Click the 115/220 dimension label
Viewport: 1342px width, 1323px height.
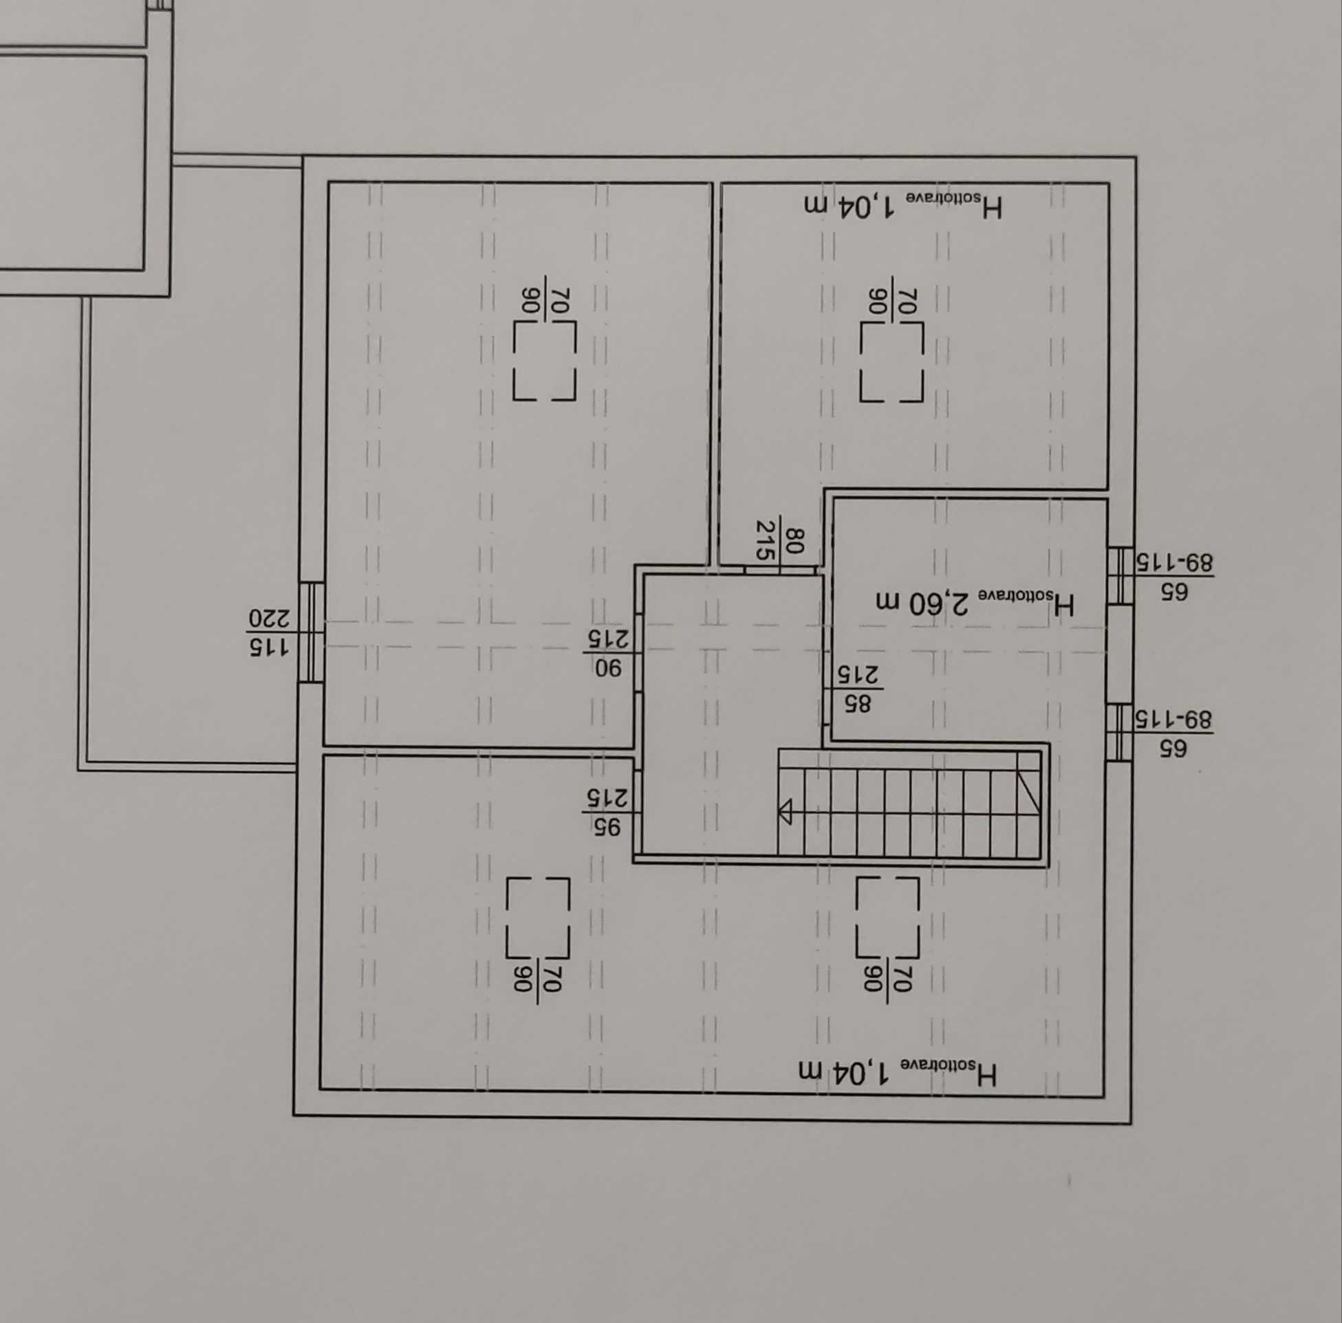[270, 632]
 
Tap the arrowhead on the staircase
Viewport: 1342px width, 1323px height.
[785, 812]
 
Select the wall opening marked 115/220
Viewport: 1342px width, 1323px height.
[311, 632]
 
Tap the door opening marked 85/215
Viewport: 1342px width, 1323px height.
[827, 690]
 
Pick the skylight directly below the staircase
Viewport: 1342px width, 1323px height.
[887, 916]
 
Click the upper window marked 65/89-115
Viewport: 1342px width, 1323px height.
[1120, 575]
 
